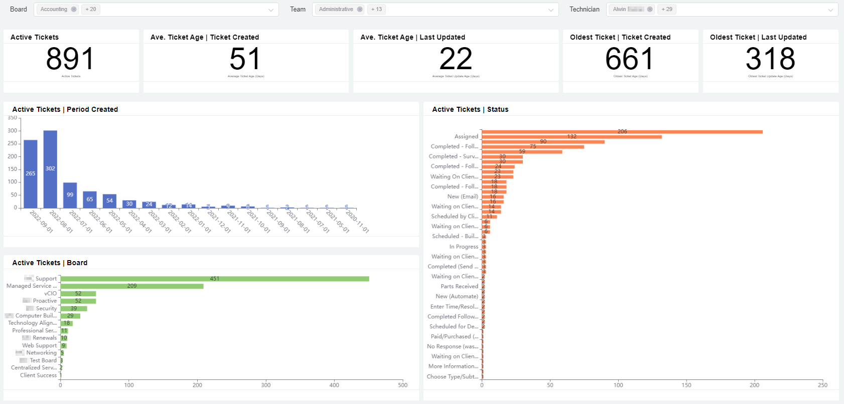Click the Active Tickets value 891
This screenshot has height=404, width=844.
70,59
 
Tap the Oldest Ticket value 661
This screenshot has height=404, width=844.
629,59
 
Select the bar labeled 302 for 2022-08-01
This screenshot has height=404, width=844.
50,169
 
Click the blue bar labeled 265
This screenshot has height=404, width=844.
31,173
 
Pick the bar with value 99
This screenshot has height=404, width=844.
70,195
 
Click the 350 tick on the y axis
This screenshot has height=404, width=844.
12,118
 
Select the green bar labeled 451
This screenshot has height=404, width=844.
215,279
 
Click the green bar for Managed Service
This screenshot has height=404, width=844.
132,286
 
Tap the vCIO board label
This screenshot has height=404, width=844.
50,294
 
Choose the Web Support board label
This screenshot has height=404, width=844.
40,345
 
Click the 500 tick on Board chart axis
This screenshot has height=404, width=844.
402,385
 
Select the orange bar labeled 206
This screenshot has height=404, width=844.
622,132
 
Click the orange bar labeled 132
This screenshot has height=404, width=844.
572,137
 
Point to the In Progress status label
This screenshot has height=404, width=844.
464,247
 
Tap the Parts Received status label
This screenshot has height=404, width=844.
459,286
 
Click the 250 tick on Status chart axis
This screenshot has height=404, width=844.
822,385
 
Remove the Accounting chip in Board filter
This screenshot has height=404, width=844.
74,10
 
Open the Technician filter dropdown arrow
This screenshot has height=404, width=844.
830,10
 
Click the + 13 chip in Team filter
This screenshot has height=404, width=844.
376,10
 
